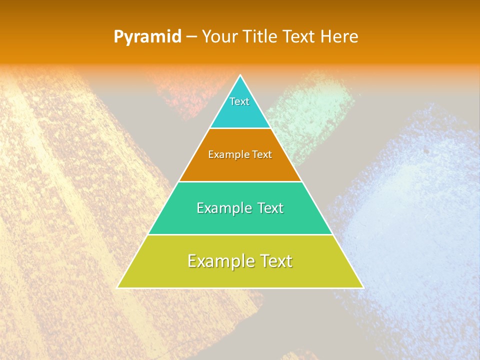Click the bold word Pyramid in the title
[147, 37]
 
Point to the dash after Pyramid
[191, 37]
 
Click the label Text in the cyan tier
[239, 101]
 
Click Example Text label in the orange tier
[240, 154]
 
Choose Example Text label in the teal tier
[240, 208]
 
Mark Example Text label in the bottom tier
[240, 261]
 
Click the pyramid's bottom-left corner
[118, 287]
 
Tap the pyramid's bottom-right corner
[362, 287]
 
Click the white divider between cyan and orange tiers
[240, 128]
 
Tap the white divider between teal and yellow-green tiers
[240, 234]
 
